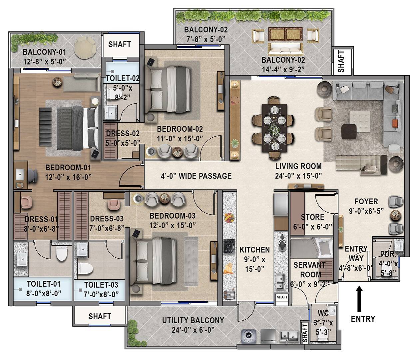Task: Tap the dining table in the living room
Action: [x=274, y=127]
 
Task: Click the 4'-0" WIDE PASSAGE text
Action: [x=196, y=176]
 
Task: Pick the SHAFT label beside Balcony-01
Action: [x=120, y=44]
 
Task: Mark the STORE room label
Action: [x=312, y=217]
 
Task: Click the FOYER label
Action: [x=366, y=201]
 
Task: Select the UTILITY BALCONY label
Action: [x=193, y=320]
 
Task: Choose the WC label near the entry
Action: [x=323, y=313]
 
